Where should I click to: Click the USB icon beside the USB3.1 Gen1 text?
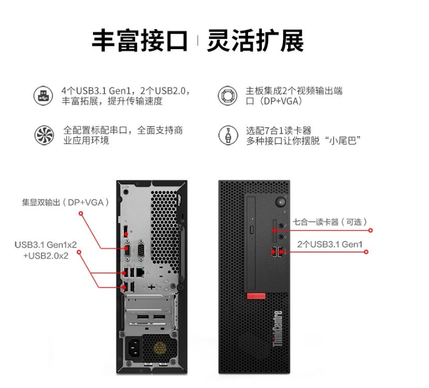43,95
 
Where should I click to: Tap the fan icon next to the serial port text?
44,135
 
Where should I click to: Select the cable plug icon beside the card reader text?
228,135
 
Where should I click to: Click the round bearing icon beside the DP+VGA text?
228,95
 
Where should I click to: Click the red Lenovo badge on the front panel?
256,296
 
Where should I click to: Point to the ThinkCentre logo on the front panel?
277,328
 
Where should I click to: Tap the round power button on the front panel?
280,202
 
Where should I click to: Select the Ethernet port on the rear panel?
140,272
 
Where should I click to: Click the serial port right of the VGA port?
141,250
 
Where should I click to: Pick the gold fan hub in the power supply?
160,349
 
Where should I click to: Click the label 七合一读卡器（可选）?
330,222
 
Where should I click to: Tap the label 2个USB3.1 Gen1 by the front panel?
330,244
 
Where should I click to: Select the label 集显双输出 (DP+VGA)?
66,202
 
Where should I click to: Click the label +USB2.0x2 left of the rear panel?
46,255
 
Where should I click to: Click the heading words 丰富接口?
140,41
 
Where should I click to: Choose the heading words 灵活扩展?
255,41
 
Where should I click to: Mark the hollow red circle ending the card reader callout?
370,230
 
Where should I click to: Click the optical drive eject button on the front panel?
252,230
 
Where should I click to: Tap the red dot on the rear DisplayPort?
126,234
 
